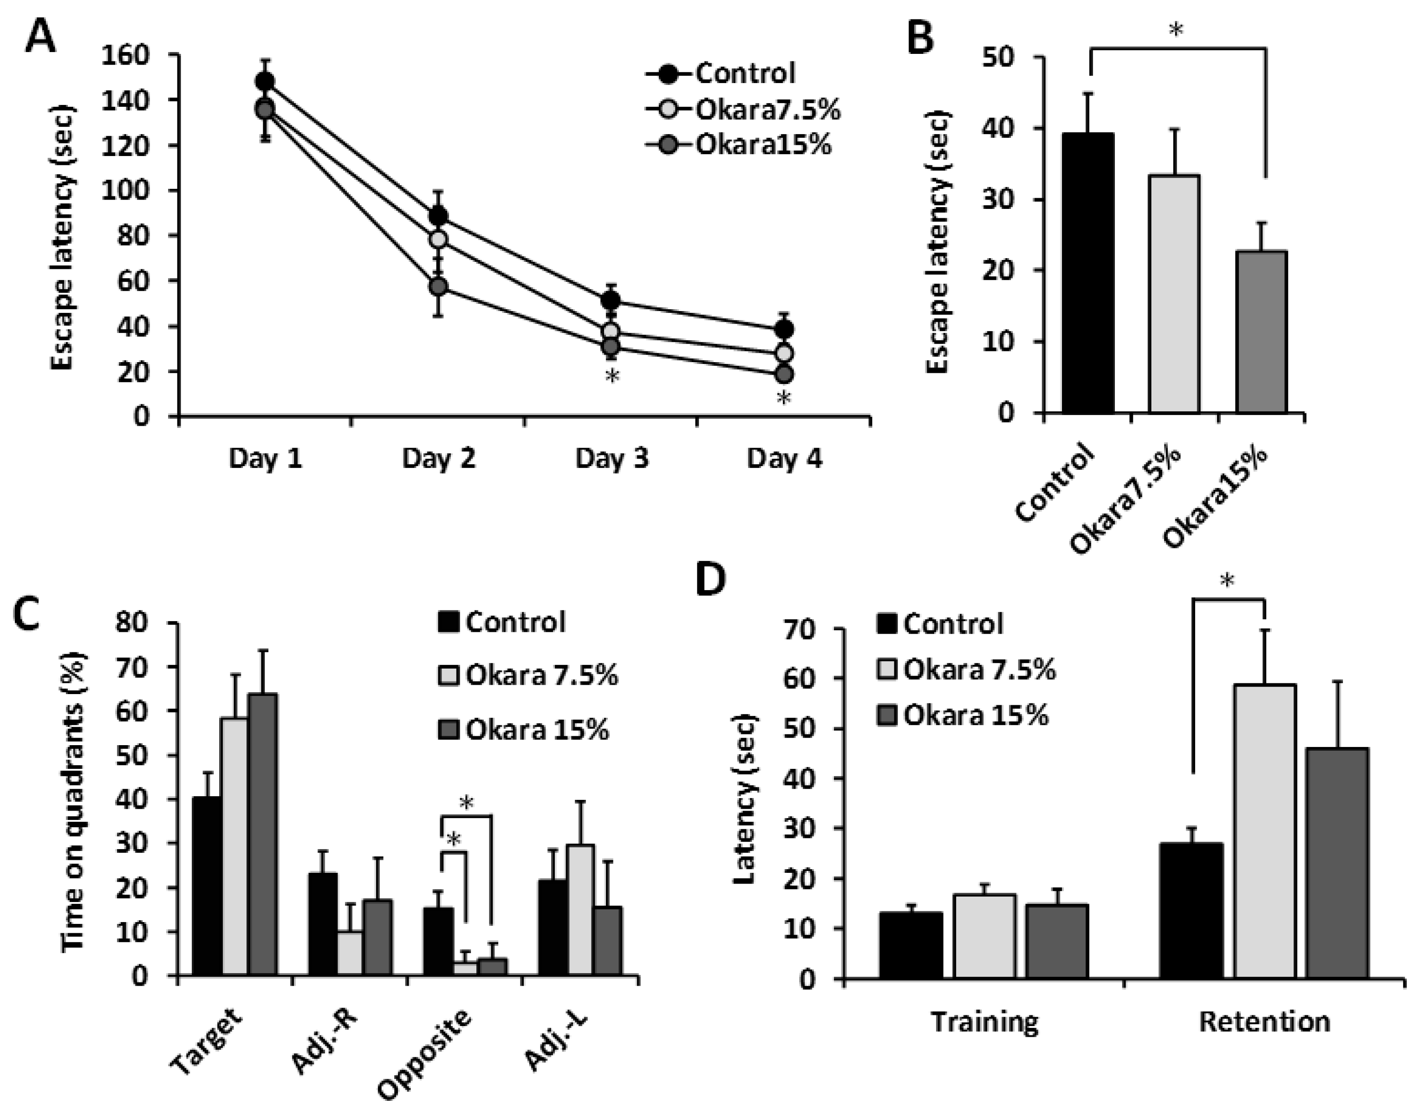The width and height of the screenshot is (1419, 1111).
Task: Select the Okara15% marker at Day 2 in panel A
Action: click(x=438, y=286)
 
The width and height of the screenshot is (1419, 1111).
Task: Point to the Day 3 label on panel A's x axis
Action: click(x=612, y=459)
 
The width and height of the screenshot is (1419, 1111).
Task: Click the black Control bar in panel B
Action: click(x=1088, y=273)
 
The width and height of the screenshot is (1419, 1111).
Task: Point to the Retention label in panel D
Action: click(x=1264, y=1021)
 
